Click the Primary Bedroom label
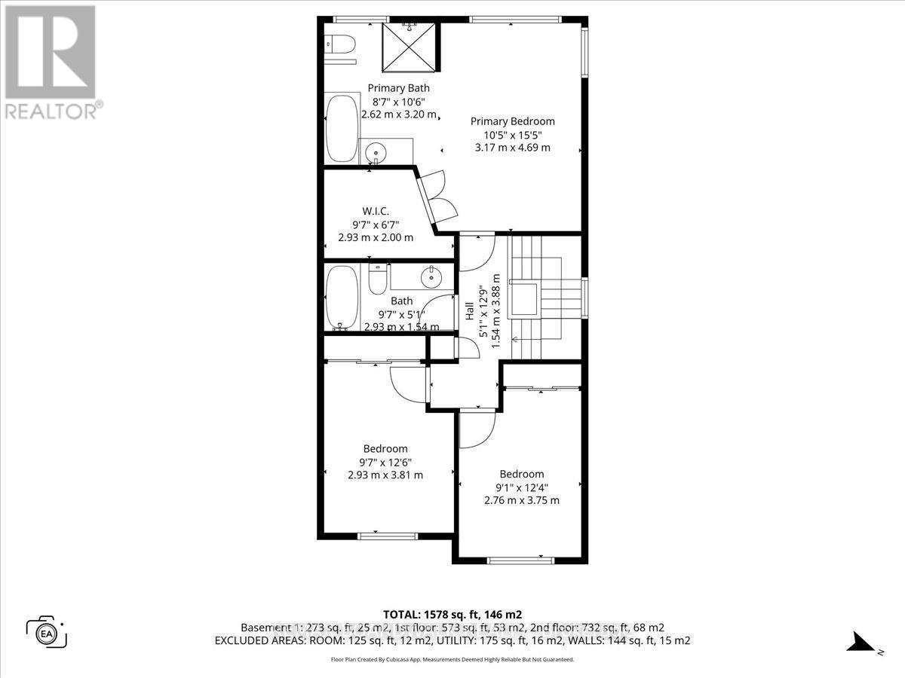512,121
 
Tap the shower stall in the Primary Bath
411,46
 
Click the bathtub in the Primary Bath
342,128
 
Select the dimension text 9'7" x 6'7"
375,224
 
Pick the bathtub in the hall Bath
343,298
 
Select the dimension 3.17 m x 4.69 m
512,148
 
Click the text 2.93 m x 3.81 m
385,475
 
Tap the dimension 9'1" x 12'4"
521,487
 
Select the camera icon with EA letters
47,631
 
